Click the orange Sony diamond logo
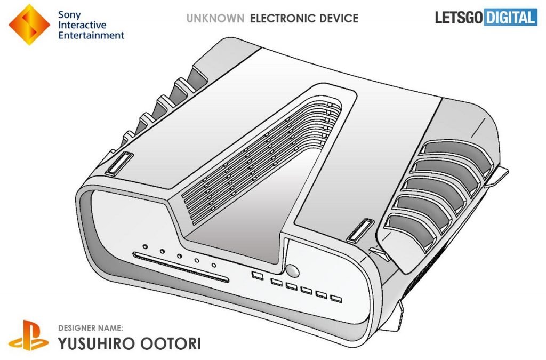(28, 25)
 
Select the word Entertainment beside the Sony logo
(91, 35)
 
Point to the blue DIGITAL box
(510, 17)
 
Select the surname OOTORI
(173, 343)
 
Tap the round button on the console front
(292, 269)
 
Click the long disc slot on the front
(181, 267)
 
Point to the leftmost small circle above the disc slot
(145, 246)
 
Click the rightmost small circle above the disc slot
(214, 265)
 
